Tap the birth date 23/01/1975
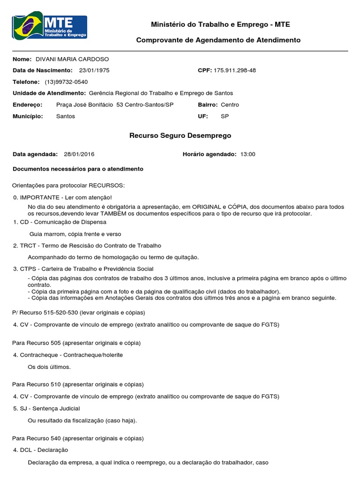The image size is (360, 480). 94,70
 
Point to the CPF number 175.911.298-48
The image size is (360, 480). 234,70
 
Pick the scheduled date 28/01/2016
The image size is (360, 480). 79,154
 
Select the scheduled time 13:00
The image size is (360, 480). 247,154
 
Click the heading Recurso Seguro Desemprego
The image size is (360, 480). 180,135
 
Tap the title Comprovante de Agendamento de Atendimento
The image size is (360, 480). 218,40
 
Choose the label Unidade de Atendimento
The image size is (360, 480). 49,93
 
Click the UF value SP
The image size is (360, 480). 225,116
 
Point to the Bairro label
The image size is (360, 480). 208,105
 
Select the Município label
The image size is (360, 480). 28,116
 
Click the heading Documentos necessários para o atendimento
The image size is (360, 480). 78,169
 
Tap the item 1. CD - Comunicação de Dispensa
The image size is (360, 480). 60,222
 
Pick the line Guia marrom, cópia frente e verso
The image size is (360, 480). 75,233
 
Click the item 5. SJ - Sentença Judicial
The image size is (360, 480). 46,408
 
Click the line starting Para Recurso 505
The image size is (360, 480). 76,343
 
